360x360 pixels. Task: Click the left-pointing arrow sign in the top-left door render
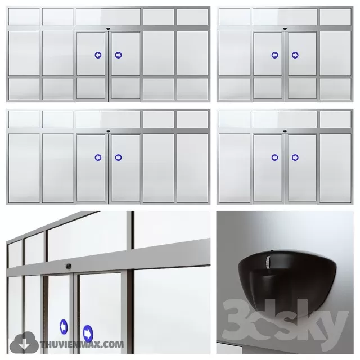pyautogui.click(x=98, y=55)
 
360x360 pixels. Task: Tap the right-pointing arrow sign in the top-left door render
pyautogui.click(x=118, y=55)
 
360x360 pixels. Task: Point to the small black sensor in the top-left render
pyautogui.click(x=108, y=28)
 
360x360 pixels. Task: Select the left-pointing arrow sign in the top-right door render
pyautogui.click(x=274, y=55)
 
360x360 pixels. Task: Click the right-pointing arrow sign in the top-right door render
pyautogui.click(x=295, y=55)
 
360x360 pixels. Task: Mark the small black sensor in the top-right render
pyautogui.click(x=285, y=28)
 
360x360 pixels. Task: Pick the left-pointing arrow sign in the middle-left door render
pyautogui.click(x=98, y=157)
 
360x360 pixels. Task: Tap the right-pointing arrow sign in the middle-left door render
pyautogui.click(x=118, y=157)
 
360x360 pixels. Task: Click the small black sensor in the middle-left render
pyautogui.click(x=108, y=130)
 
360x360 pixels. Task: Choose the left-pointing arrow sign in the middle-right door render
pyautogui.click(x=274, y=157)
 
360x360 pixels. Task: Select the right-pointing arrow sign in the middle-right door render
pyautogui.click(x=295, y=157)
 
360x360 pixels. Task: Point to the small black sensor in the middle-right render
pyautogui.click(x=285, y=130)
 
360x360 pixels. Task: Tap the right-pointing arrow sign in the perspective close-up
pyautogui.click(x=88, y=332)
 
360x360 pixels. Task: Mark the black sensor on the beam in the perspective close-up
pyautogui.click(x=69, y=265)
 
